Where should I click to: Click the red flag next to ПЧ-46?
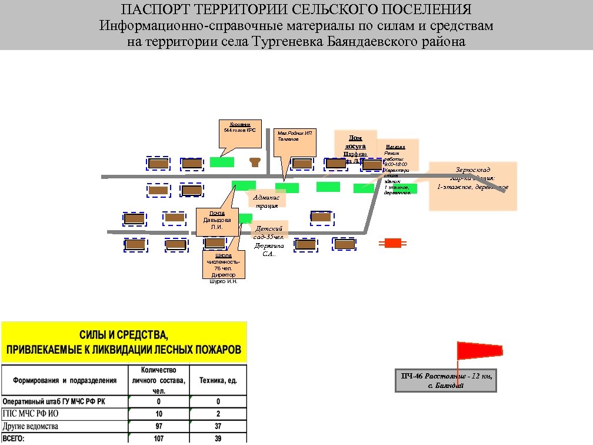pos(479,350)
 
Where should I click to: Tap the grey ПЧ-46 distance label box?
pos(446,380)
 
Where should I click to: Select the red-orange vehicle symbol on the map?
pos(392,243)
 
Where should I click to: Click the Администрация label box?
pos(266,198)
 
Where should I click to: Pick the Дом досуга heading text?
pos(355,142)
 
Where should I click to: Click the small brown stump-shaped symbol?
pos(255,162)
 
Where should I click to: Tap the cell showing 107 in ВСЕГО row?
pos(159,439)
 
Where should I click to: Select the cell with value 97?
pos(159,426)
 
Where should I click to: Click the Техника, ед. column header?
pos(218,380)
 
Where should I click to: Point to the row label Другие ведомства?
pos(31,426)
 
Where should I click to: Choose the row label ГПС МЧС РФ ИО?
pos(31,413)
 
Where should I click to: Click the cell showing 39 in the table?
pos(218,439)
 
